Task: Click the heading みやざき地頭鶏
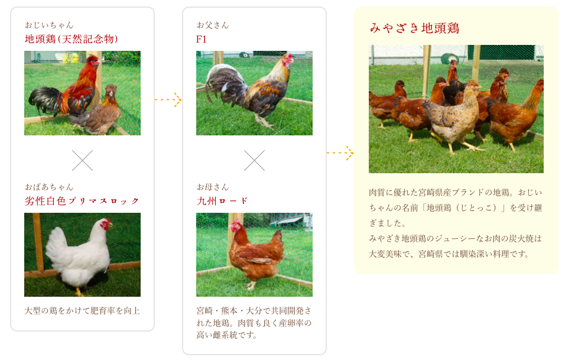click(x=414, y=28)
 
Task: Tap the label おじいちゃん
click(x=49, y=25)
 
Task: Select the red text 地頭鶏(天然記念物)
click(x=72, y=39)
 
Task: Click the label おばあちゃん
click(x=49, y=187)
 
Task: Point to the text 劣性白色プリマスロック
click(x=82, y=201)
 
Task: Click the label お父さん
click(x=213, y=25)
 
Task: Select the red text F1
click(x=202, y=39)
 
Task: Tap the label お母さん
click(x=213, y=187)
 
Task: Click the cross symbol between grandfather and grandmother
click(x=83, y=160)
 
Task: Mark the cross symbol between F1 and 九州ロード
click(x=254, y=160)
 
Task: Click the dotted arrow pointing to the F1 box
click(x=168, y=99)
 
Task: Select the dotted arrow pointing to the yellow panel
click(x=340, y=153)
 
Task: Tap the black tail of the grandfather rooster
click(x=45, y=99)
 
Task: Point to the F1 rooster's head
click(x=287, y=60)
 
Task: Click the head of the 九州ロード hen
click(x=235, y=226)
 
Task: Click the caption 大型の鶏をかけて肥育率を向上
click(x=82, y=310)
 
